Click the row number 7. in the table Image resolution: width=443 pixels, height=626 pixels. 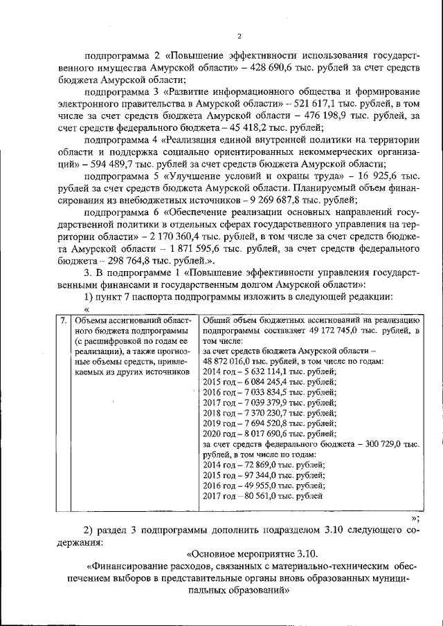62,320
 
